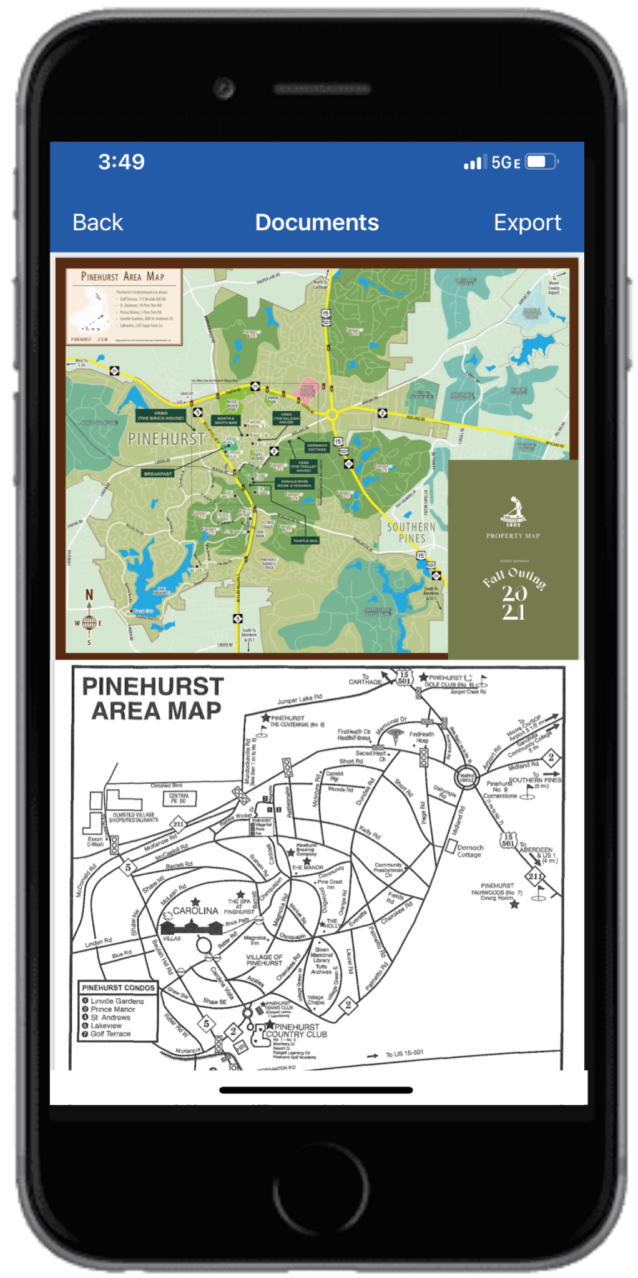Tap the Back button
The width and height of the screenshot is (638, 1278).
coord(97,223)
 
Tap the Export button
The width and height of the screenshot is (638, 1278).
coord(527,223)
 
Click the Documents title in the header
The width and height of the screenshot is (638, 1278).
coord(317,223)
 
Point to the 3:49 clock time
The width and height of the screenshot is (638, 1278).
coord(121,162)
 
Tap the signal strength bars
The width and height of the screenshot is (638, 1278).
coord(473,163)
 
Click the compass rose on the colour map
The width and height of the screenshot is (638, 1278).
coord(89,622)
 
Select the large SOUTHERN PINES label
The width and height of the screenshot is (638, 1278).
coord(411,532)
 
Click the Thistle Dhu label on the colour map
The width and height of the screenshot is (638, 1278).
coord(305,540)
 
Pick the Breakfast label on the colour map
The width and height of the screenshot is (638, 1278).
coord(158,474)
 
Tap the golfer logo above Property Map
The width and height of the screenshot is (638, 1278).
coord(513,510)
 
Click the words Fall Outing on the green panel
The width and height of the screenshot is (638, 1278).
coord(514,578)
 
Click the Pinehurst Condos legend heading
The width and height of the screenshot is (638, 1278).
coord(118,988)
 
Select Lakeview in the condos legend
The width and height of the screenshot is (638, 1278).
coord(106,1025)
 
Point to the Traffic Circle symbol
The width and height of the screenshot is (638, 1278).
coord(466,778)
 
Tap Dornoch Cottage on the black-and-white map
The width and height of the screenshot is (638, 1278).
coord(469,851)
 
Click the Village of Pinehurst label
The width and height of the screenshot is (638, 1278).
coord(264,960)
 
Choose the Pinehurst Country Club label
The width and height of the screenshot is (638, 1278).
coord(296,1030)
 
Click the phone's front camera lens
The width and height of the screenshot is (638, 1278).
coord(223,88)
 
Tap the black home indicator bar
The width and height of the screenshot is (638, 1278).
coord(316,1090)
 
